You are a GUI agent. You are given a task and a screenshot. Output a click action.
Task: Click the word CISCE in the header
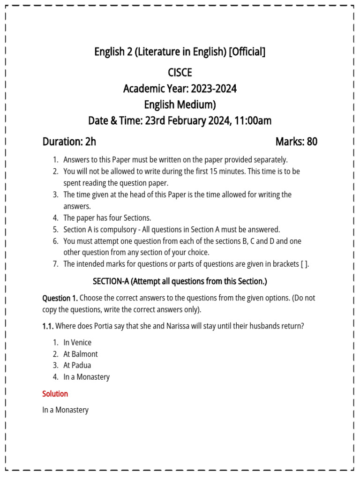[x=180, y=73]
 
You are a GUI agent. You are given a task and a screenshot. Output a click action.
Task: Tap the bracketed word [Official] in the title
[x=247, y=52]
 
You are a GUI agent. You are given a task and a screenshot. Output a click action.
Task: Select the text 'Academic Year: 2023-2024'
[x=180, y=89]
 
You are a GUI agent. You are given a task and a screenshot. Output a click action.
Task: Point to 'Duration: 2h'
[x=69, y=142]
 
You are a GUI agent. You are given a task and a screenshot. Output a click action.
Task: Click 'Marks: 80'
[x=296, y=142]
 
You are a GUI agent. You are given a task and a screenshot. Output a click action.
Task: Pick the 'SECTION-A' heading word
[x=111, y=281]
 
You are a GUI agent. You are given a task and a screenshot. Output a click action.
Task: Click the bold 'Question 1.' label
[x=60, y=298]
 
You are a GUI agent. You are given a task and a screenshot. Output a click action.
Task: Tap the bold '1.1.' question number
[x=48, y=326]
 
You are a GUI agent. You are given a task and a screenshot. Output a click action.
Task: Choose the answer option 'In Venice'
[x=77, y=343]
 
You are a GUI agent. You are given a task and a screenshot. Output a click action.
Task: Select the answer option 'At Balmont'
[x=81, y=354]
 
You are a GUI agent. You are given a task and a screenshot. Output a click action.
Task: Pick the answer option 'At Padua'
[x=77, y=365]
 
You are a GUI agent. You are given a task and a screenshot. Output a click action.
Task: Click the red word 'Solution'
[x=55, y=394]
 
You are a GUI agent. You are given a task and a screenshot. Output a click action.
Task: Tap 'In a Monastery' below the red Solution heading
[x=65, y=410]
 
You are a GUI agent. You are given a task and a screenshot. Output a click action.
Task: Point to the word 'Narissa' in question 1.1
[x=177, y=326]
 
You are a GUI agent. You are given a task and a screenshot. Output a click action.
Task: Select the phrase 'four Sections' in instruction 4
[x=129, y=218]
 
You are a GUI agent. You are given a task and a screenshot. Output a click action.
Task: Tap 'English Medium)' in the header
[x=180, y=105]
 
